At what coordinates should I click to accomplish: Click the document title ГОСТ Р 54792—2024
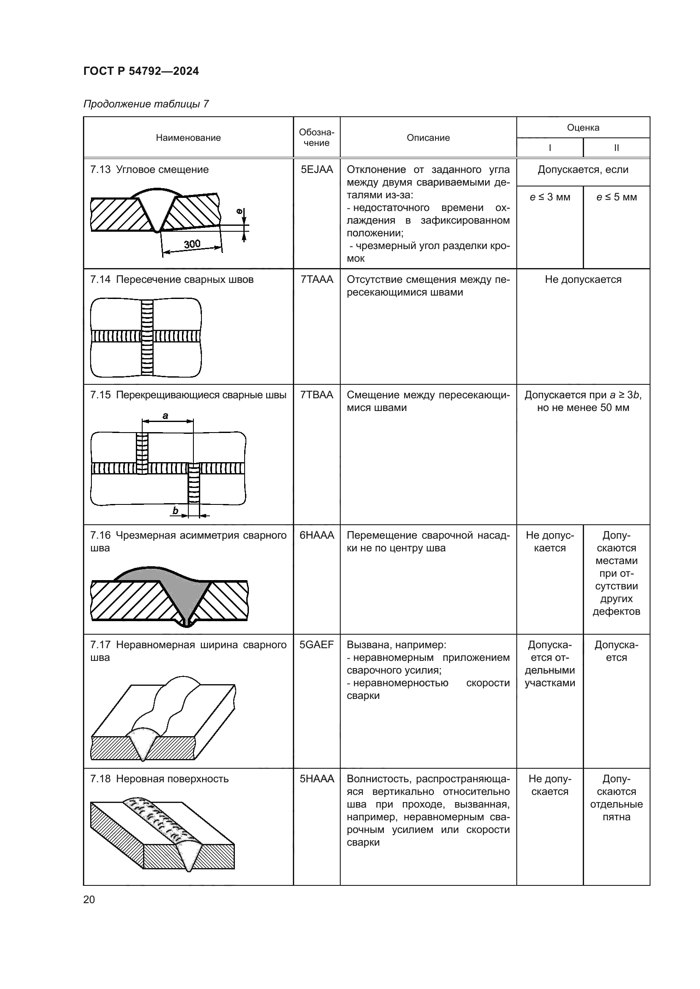click(141, 71)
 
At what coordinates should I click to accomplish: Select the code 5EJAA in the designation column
click(317, 170)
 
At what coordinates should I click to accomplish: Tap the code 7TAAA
click(317, 279)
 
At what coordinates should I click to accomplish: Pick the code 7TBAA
click(317, 395)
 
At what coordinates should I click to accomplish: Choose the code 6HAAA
click(317, 535)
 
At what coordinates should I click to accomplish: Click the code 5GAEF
click(317, 645)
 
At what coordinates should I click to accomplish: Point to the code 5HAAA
click(317, 779)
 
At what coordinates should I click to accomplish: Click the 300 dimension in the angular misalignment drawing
click(192, 244)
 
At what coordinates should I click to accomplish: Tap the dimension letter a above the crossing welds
click(165, 416)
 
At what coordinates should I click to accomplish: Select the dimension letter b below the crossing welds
click(176, 511)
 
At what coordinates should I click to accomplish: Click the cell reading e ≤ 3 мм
click(550, 197)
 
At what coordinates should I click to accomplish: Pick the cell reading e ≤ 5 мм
click(616, 197)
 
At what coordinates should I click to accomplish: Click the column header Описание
click(428, 138)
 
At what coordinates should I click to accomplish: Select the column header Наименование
click(188, 138)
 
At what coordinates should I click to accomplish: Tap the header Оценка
click(583, 128)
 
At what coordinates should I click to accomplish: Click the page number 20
click(89, 899)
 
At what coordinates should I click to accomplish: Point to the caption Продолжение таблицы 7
click(146, 104)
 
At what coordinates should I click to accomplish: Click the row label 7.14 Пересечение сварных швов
click(172, 279)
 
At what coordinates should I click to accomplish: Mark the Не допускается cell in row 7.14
click(583, 279)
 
